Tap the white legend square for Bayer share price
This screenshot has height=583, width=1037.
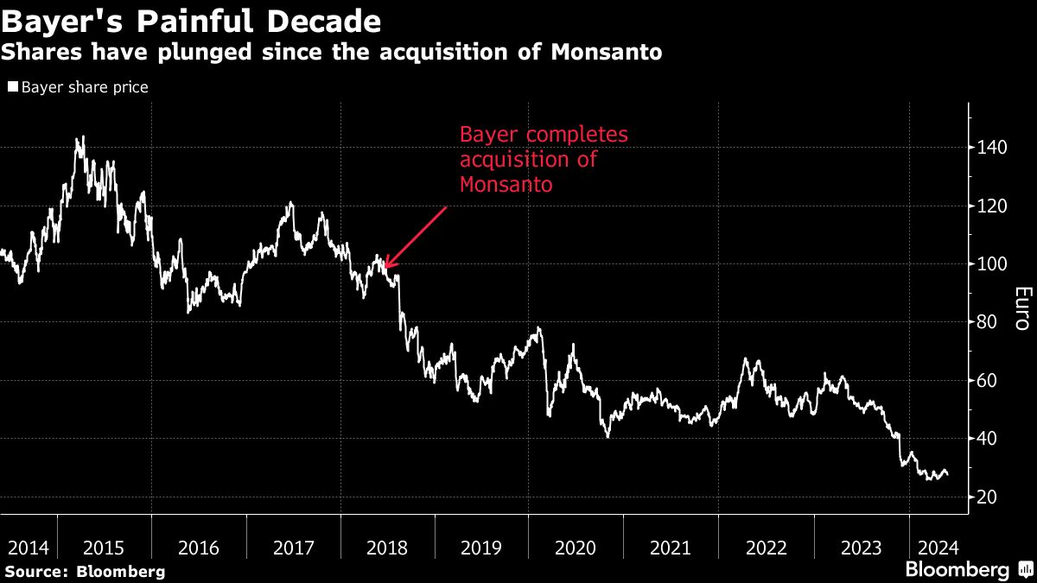click(x=13, y=87)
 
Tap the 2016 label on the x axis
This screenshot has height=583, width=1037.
click(x=198, y=548)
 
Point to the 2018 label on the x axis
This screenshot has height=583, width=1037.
click(x=387, y=548)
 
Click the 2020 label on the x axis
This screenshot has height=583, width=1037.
click(x=576, y=548)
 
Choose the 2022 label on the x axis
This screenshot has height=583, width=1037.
click(x=766, y=548)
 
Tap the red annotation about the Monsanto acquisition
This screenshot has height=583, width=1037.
click(x=544, y=160)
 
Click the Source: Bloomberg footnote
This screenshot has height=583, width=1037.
click(x=84, y=571)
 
